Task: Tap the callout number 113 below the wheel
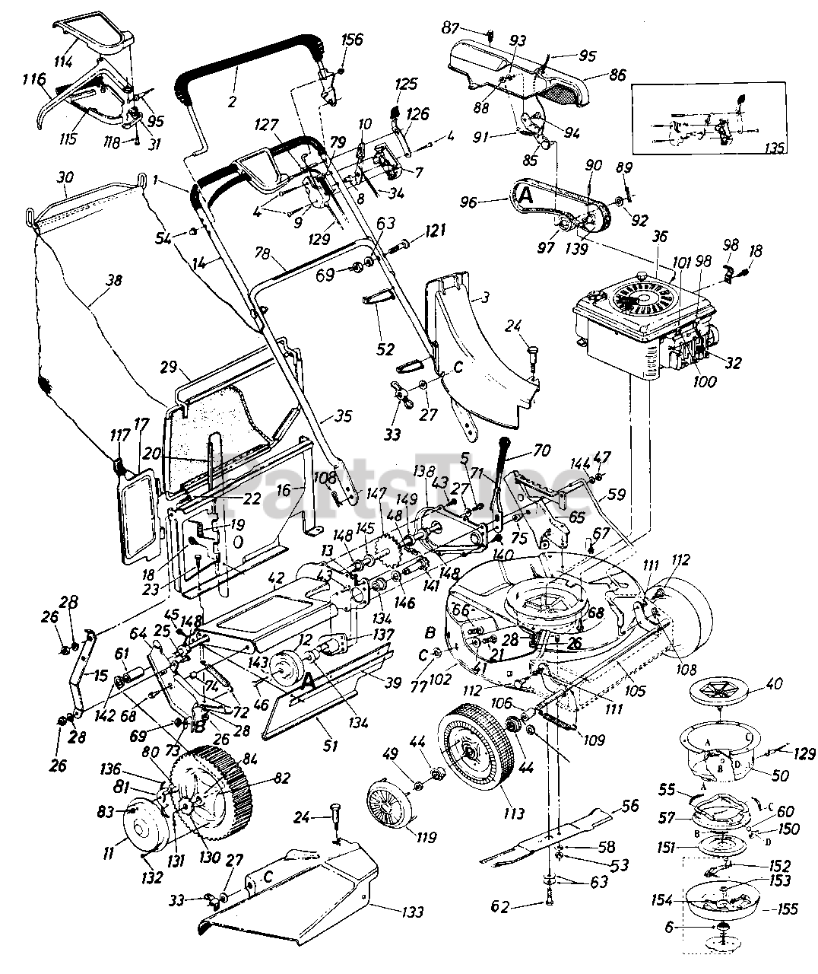coord(514,813)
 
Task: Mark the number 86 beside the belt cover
coord(617,76)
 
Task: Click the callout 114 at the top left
coord(62,62)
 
